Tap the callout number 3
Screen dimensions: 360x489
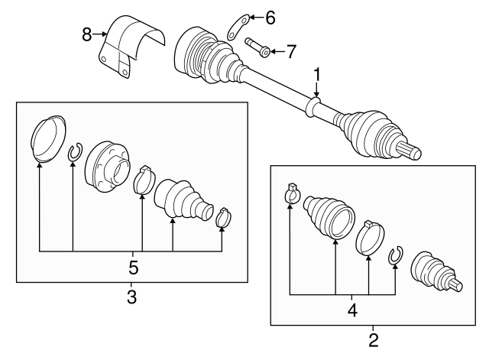[131, 297]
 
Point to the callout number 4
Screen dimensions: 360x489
[352, 310]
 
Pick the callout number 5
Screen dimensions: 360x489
[134, 268]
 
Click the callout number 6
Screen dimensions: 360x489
[270, 17]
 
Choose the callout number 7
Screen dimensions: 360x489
[290, 52]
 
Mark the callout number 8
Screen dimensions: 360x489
[87, 33]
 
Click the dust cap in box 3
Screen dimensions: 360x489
[47, 138]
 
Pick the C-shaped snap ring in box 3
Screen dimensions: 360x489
[74, 154]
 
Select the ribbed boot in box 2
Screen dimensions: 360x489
[329, 216]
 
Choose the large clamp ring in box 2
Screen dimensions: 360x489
[370, 238]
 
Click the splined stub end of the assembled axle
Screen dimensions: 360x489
[412, 152]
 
